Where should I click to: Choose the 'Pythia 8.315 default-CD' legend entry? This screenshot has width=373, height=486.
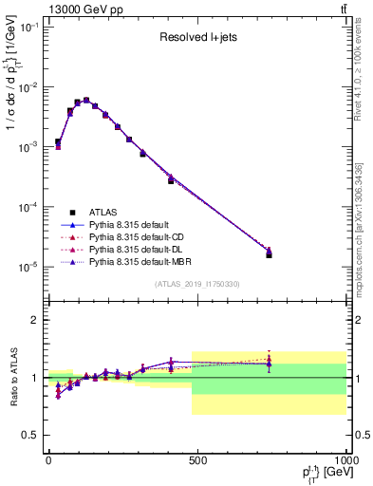tap(139, 236)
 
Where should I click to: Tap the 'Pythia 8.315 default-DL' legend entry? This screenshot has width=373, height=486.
tap(139, 249)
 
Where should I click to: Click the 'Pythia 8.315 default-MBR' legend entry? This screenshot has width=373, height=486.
tap(141, 261)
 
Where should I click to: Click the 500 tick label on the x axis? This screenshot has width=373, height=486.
tap(196, 460)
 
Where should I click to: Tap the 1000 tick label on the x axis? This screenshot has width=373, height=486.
tap(343, 460)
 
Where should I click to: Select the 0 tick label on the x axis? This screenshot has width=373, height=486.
tap(48, 460)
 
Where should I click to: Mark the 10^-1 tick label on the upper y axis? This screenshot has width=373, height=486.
tap(28, 28)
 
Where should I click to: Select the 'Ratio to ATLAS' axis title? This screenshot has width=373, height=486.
tap(11, 378)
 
